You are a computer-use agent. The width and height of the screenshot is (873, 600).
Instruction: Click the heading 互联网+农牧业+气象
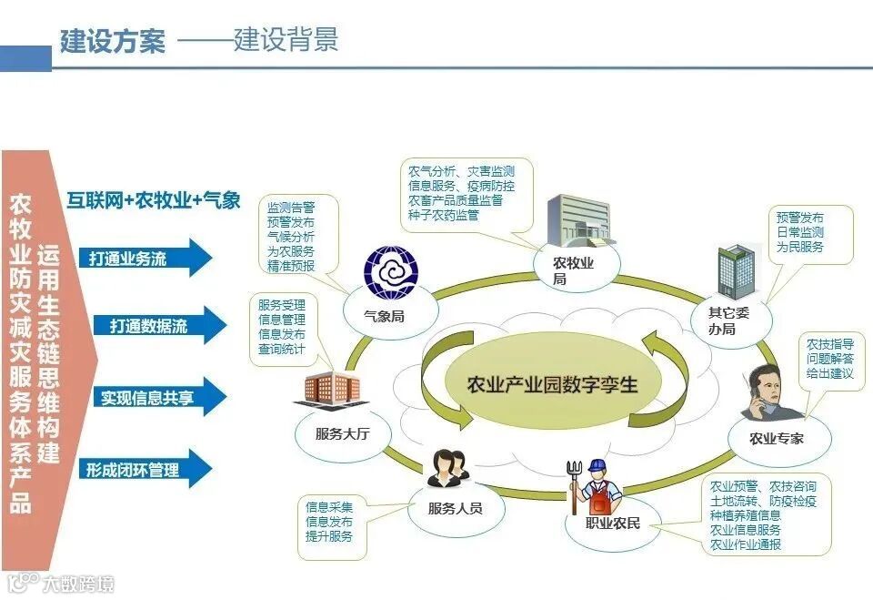(x=154, y=200)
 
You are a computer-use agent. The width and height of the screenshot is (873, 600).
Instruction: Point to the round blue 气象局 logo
(x=389, y=272)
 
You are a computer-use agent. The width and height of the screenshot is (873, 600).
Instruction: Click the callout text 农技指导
(x=829, y=344)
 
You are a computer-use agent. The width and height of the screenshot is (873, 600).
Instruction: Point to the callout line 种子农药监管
(x=444, y=216)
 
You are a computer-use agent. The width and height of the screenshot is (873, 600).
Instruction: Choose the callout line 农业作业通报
(x=745, y=544)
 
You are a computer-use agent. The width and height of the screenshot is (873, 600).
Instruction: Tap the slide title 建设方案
(x=113, y=42)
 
